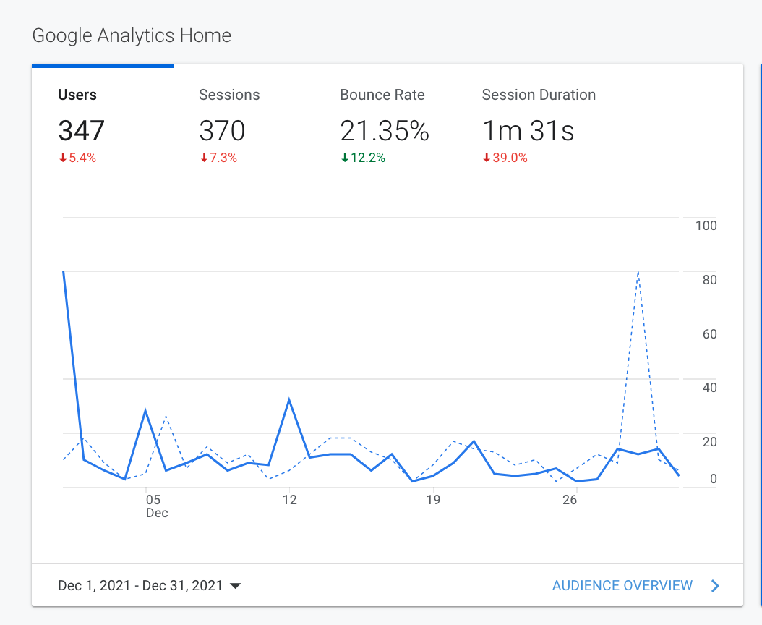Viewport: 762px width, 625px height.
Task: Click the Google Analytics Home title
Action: click(x=132, y=35)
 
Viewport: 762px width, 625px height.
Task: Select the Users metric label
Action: click(x=77, y=95)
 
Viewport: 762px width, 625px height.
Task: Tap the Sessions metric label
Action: click(x=229, y=95)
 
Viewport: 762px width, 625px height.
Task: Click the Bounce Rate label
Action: click(x=382, y=95)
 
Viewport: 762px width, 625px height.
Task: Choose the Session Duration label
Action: click(x=539, y=95)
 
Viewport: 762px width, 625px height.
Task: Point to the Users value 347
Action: click(x=81, y=131)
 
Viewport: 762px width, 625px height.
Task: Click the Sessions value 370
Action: click(x=222, y=131)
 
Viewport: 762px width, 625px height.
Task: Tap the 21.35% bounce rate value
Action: click(x=385, y=131)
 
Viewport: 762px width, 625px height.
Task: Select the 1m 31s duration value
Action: click(x=528, y=131)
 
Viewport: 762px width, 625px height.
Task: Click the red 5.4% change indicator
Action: click(x=77, y=158)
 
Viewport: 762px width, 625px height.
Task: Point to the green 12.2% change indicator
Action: click(x=363, y=158)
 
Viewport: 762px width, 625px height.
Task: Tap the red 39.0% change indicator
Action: click(x=505, y=158)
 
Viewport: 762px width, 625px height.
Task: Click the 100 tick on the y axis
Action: click(x=706, y=226)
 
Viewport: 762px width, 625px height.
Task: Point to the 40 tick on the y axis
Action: click(x=709, y=388)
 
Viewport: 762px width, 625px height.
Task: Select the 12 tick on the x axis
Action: click(x=289, y=500)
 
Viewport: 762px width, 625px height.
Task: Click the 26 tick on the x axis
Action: click(x=570, y=500)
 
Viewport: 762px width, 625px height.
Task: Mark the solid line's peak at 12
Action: click(x=289, y=399)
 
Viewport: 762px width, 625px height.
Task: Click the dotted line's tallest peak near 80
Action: click(x=638, y=272)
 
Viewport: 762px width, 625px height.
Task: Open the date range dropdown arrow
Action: click(x=235, y=586)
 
